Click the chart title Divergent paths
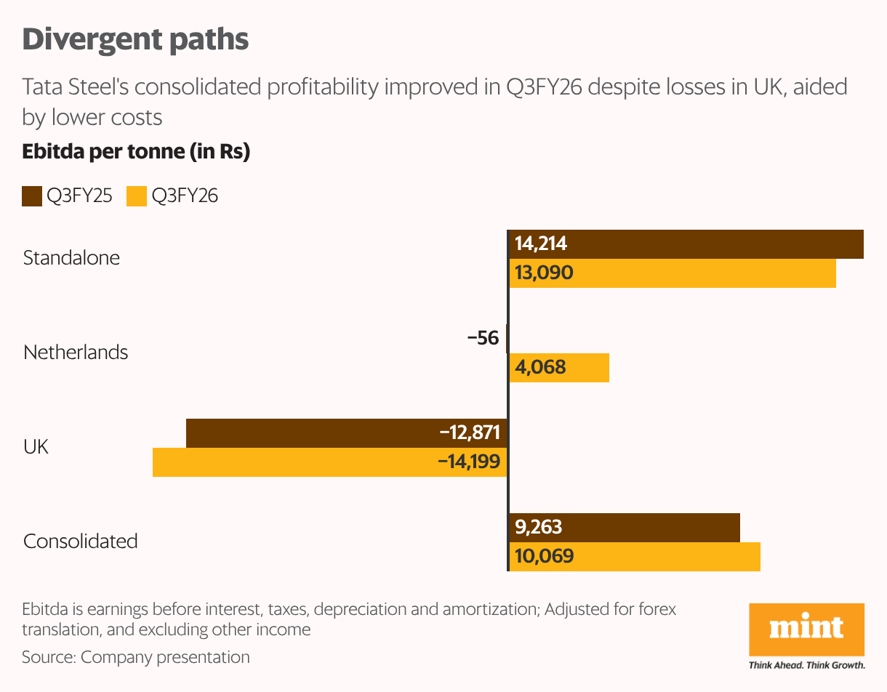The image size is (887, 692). (x=136, y=40)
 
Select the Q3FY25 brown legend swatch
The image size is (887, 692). (x=32, y=196)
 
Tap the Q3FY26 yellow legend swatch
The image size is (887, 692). (x=137, y=196)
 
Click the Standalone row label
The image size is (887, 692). (x=71, y=258)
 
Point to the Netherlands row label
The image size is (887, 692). (x=76, y=353)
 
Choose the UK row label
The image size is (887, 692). (x=36, y=446)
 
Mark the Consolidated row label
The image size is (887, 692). (x=80, y=542)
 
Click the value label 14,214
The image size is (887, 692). (x=541, y=244)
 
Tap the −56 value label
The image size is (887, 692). (x=483, y=339)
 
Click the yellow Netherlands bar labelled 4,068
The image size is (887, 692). (x=558, y=368)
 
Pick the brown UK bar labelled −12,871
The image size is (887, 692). (x=346, y=433)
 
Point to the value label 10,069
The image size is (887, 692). (x=545, y=557)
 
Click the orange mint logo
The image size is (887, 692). (x=806, y=629)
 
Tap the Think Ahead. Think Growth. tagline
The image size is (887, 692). (x=806, y=664)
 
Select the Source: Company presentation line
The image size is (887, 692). (x=136, y=657)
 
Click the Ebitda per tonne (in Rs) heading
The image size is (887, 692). (x=136, y=153)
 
